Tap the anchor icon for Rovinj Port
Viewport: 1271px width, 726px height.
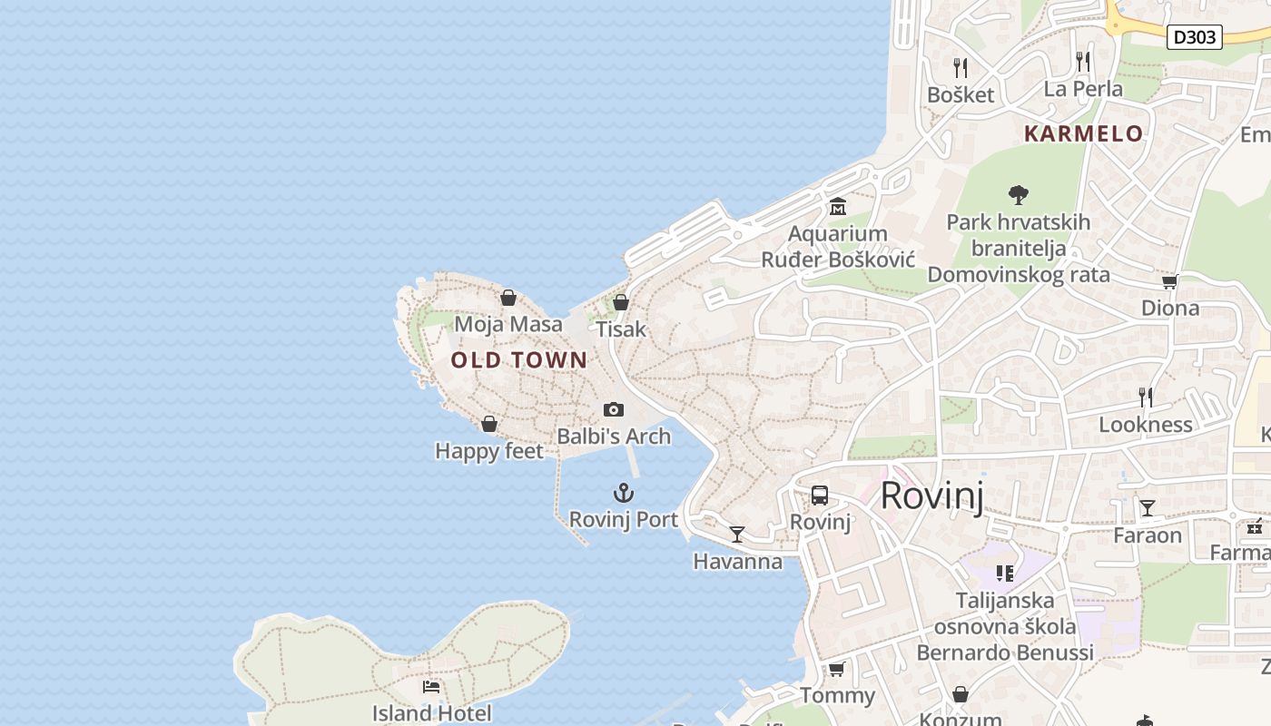[x=623, y=494]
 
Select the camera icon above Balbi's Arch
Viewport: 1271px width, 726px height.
[x=614, y=410]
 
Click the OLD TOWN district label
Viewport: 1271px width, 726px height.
[x=519, y=360]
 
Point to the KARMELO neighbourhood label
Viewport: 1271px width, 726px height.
[x=1083, y=134]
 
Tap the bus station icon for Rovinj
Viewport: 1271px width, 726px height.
[x=820, y=495]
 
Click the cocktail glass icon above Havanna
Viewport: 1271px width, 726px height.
[x=737, y=535]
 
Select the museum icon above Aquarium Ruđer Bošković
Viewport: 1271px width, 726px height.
[x=837, y=207]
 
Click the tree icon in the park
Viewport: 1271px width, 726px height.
[x=1019, y=194]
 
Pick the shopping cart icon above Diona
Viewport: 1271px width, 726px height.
[x=1169, y=282]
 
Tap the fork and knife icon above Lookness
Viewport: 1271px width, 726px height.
[x=1146, y=397]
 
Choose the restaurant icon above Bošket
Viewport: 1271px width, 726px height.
[x=960, y=67]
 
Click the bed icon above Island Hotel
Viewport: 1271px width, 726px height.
[x=431, y=687]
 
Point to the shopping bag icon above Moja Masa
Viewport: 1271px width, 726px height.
[x=508, y=298]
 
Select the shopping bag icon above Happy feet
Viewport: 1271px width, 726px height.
[x=489, y=424]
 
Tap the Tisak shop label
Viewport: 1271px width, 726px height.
[x=621, y=329]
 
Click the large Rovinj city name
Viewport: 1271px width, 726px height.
[x=931, y=495]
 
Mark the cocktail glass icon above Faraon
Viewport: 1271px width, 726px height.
[x=1148, y=508]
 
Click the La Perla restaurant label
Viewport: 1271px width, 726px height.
[x=1083, y=89]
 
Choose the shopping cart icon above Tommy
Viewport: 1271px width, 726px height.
[x=836, y=670]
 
